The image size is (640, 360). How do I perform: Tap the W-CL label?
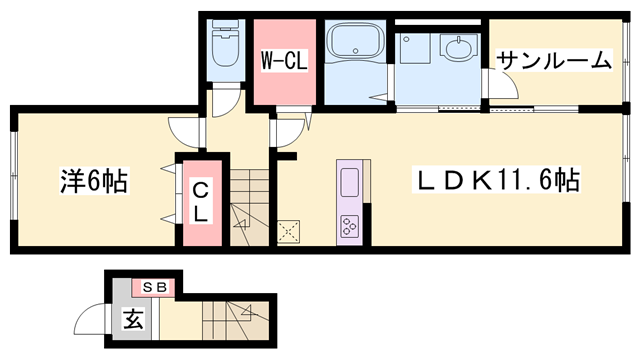coord(284,62)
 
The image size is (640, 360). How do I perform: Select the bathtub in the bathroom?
coord(355,40)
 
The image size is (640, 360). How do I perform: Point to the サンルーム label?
coord(555,60)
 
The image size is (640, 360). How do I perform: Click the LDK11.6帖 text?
coord(497,180)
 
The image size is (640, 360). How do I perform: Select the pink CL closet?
coord(202,203)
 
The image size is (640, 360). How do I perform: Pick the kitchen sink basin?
coord(349,182)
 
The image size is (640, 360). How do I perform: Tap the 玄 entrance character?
coord(133,318)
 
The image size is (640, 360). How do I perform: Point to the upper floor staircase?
coord(249,207)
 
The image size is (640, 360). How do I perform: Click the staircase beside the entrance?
coord(236,320)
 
